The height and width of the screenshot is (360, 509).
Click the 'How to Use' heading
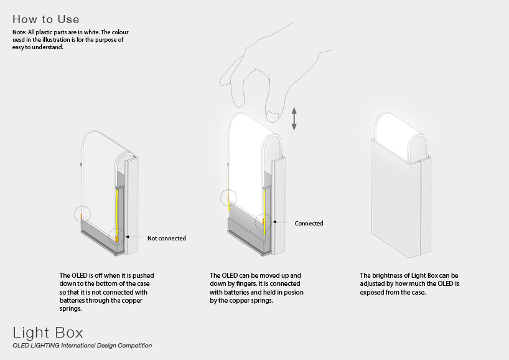pyautogui.click(x=46, y=19)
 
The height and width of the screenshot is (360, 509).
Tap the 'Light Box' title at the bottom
pyautogui.click(x=48, y=333)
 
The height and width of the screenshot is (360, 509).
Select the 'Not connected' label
pyautogui.click(x=167, y=238)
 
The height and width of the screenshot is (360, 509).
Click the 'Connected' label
pyautogui.click(x=309, y=223)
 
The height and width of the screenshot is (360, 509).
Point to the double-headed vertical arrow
pyautogui.click(x=294, y=119)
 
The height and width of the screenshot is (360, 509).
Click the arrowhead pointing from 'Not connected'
pyautogui.click(x=127, y=237)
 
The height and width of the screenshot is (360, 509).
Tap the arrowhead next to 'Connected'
pyautogui.click(x=274, y=222)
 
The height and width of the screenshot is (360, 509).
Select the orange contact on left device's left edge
pyautogui.click(x=81, y=216)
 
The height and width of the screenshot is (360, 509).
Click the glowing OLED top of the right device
pyautogui.click(x=401, y=136)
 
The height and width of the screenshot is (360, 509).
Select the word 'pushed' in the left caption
pyautogui.click(x=143, y=275)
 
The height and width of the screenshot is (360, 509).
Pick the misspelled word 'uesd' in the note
pyautogui.click(x=19, y=40)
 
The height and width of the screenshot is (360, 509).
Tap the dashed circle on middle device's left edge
pyautogui.click(x=228, y=197)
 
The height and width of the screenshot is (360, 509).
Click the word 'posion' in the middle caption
pyautogui.click(x=294, y=292)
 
